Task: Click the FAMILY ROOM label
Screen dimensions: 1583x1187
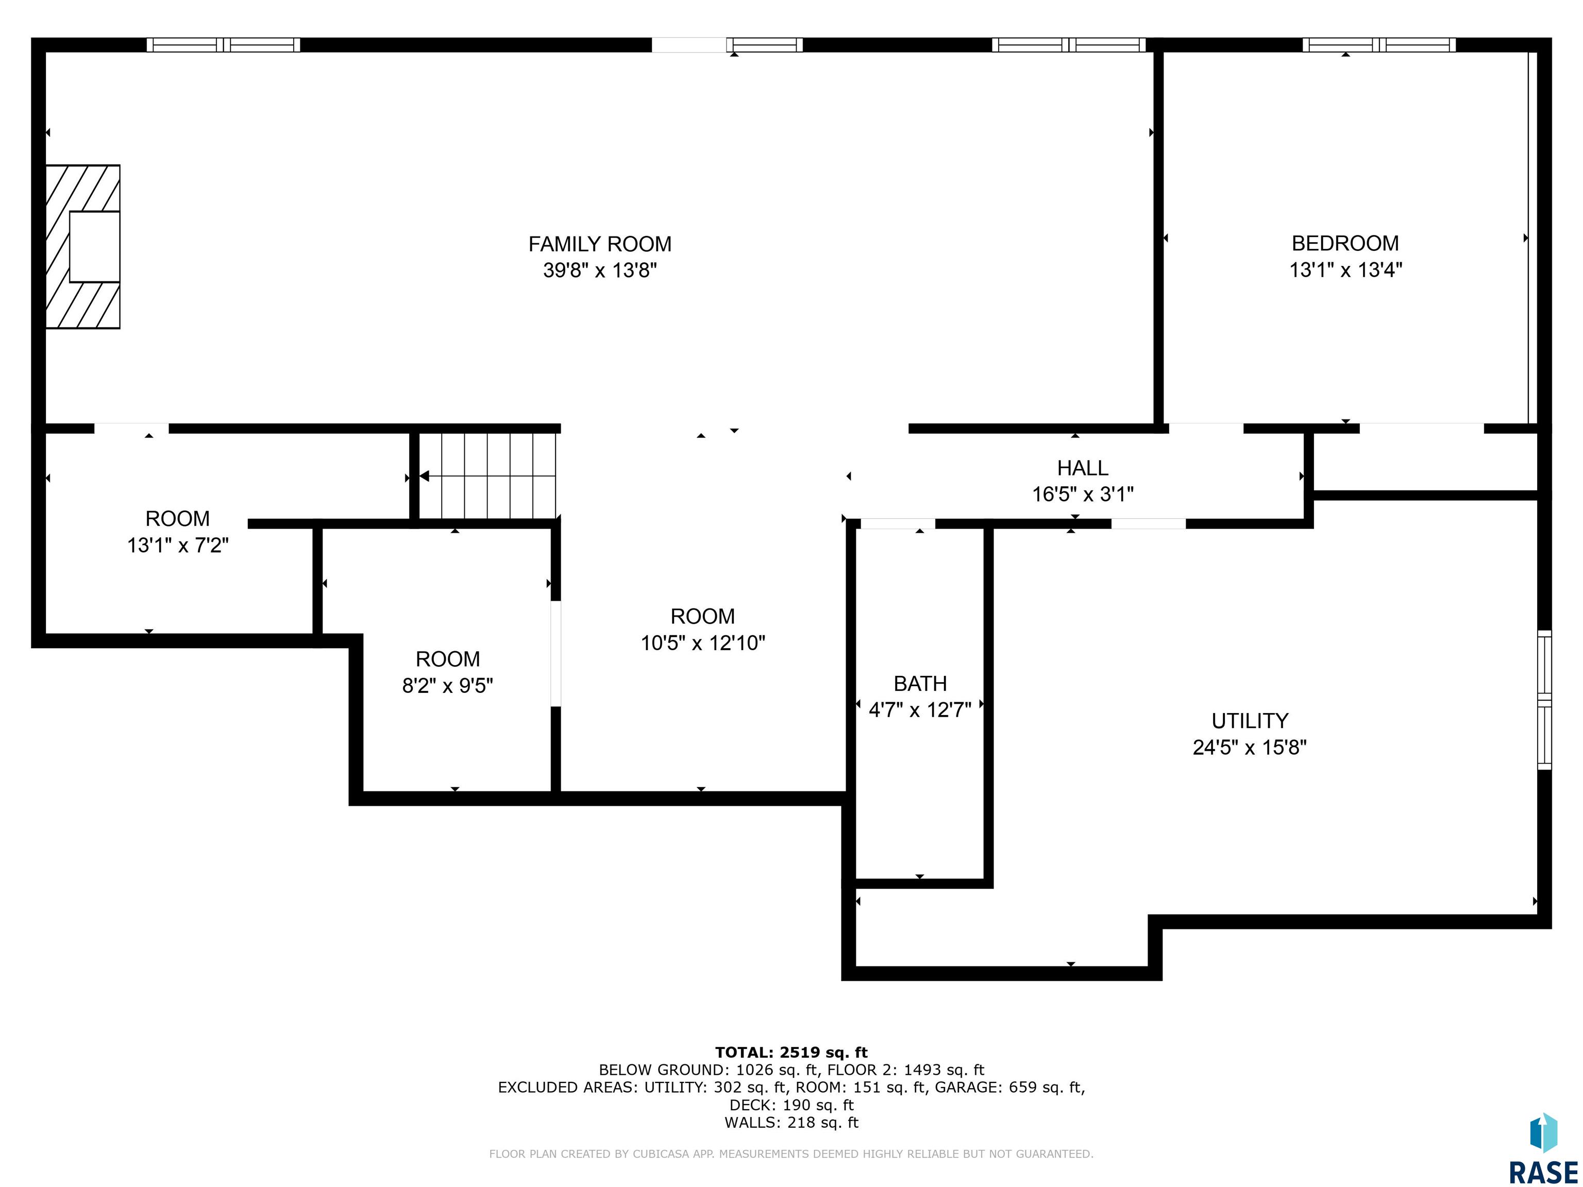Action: point(600,245)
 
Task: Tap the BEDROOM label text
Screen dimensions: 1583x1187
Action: point(1345,243)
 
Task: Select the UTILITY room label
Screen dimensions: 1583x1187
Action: point(1250,721)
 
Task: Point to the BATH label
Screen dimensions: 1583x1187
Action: point(920,683)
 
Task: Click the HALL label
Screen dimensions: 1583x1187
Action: point(1083,468)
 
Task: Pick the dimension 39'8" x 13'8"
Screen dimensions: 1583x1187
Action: point(600,270)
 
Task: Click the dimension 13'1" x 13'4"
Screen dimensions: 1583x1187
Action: point(1345,270)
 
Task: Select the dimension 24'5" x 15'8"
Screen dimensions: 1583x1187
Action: point(1250,748)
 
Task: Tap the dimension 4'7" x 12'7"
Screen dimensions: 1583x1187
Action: point(920,710)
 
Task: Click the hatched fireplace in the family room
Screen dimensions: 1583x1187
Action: point(83,247)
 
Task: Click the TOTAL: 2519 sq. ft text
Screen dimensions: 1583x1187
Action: point(791,1053)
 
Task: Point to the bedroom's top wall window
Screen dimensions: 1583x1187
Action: point(1379,45)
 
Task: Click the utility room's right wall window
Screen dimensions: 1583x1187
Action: point(1544,700)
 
